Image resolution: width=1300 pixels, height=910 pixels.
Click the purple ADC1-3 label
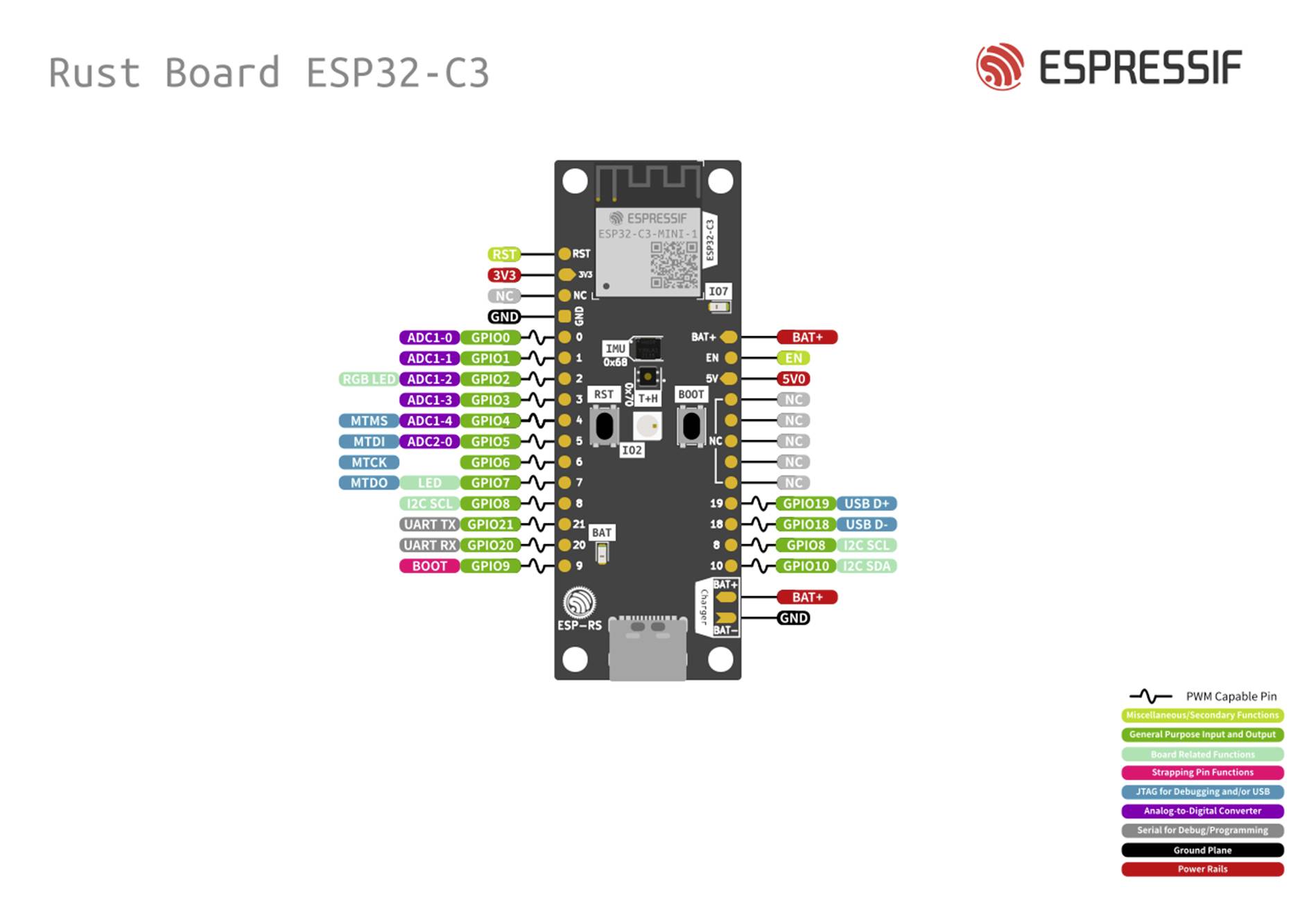429,400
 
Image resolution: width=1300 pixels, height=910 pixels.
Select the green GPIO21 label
490,525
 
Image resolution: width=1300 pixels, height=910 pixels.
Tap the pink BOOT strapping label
429,566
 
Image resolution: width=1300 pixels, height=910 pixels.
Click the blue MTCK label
369,462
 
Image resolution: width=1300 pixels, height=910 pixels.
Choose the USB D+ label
866,504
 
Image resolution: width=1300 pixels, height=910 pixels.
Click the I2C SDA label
866,566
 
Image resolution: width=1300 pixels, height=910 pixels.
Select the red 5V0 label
793,379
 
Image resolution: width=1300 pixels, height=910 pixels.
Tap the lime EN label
793,358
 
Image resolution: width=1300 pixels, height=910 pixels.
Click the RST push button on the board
605,426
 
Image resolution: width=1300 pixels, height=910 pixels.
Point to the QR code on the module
674,265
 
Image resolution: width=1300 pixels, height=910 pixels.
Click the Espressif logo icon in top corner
999,67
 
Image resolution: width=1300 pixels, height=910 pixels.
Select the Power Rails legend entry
1202,869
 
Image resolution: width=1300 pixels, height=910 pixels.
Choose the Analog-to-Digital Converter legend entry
1202,811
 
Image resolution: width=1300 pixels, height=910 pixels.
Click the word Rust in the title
94,73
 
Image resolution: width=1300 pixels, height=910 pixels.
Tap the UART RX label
429,545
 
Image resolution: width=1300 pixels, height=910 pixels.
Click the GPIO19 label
805,504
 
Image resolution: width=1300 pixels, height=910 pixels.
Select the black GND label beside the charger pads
793,618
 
